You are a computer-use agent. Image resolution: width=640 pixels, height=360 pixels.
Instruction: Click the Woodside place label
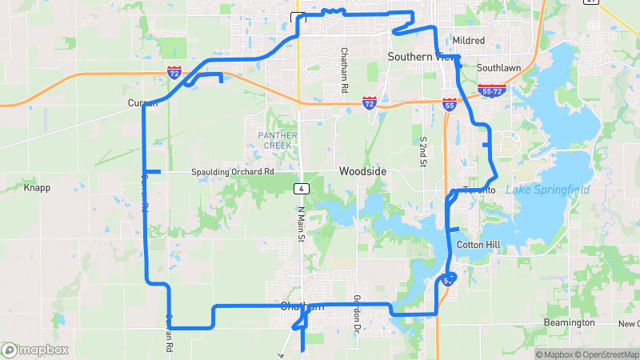[362, 172]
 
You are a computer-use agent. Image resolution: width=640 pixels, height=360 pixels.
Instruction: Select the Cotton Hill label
[478, 244]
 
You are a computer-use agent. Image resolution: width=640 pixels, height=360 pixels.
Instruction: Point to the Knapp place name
[37, 188]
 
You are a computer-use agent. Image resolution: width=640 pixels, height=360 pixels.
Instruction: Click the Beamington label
[570, 322]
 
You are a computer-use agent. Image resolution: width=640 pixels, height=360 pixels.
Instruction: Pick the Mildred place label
[468, 40]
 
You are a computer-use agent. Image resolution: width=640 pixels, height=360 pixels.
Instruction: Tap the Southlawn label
[498, 68]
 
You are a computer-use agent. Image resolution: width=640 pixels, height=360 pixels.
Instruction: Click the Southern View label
[421, 57]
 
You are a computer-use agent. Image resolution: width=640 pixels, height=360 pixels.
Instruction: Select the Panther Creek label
[278, 140]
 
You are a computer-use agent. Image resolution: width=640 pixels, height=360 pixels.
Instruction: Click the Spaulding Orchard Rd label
[232, 172]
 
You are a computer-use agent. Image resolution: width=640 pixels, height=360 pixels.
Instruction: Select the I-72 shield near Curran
[174, 73]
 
